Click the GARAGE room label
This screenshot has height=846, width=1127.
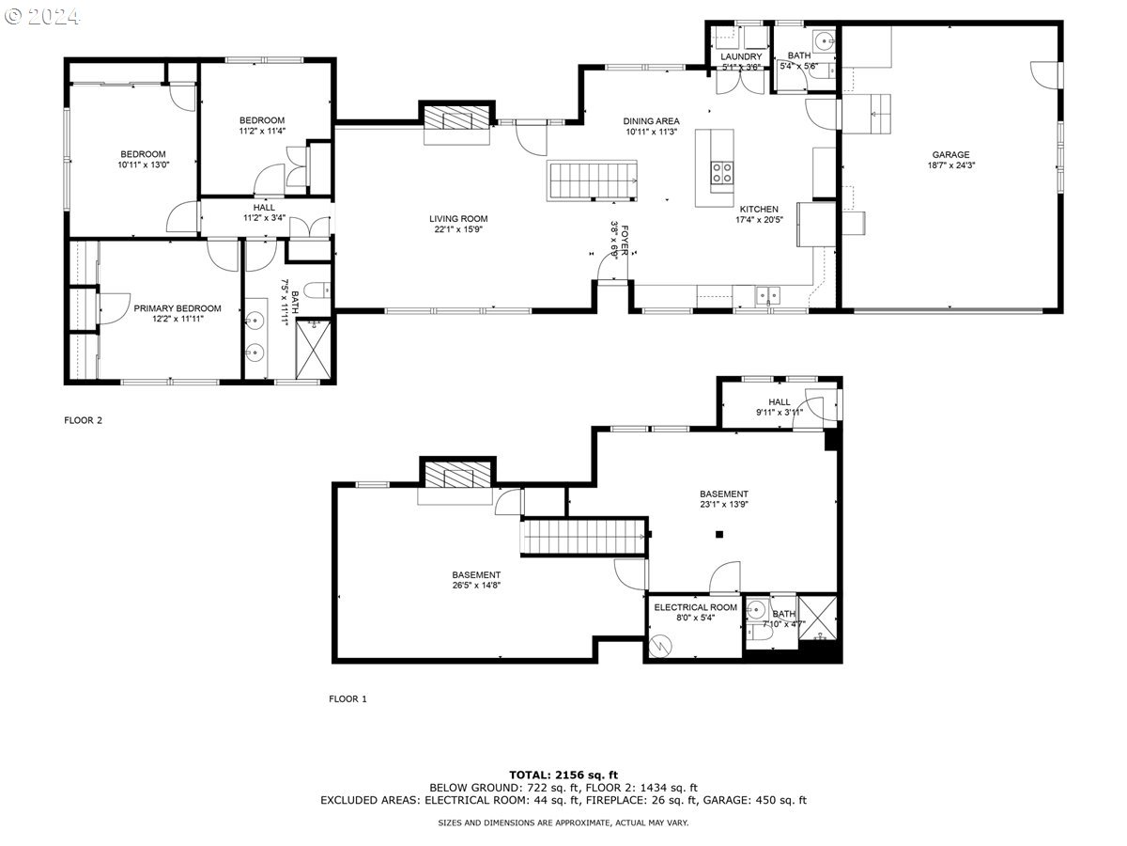click(x=950, y=154)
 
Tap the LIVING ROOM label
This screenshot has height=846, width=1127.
click(x=458, y=219)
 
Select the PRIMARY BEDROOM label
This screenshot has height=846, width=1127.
click(x=178, y=308)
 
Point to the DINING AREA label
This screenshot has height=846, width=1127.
click(x=651, y=121)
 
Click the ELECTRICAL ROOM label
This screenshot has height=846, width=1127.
click(x=695, y=607)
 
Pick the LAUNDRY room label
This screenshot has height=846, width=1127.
click(x=741, y=56)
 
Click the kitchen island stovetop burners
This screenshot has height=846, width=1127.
click(x=722, y=173)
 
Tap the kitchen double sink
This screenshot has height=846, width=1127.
click(x=767, y=296)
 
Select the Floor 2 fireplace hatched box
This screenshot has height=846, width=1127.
click(x=456, y=117)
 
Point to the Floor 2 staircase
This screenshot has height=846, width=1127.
click(x=592, y=180)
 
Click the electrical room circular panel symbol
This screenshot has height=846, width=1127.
click(x=660, y=646)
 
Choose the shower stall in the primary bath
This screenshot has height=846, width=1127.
click(x=313, y=350)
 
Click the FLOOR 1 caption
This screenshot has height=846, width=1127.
click(x=347, y=698)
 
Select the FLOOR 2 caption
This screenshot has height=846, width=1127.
click(x=84, y=420)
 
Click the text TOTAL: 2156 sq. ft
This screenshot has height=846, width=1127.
click(x=563, y=775)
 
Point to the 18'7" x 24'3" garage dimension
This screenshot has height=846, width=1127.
click(x=950, y=165)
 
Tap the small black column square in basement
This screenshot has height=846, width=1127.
click(x=719, y=534)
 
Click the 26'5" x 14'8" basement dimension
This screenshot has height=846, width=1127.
click(x=476, y=585)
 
